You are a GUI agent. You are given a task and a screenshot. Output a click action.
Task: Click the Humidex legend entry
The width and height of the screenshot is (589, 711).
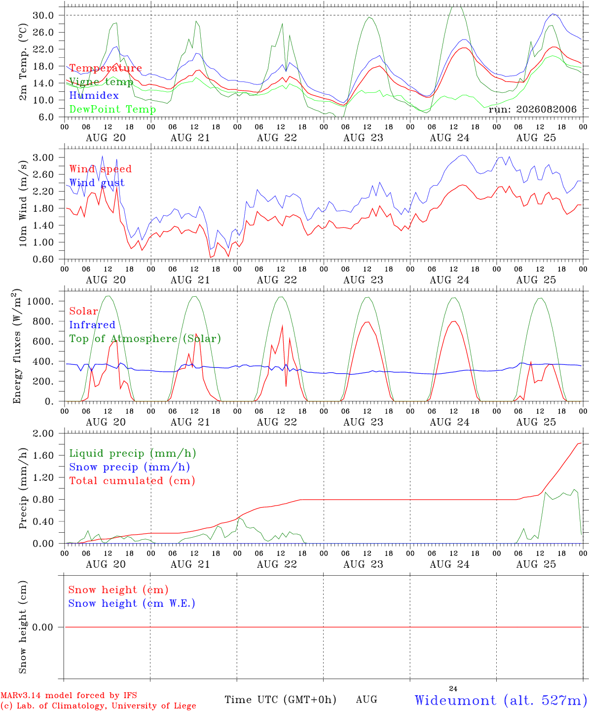[94, 95]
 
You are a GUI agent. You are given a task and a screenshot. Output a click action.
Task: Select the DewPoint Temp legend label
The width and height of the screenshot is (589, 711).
[112, 109]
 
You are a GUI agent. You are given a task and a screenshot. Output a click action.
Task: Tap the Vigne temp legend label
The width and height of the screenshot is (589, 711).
[101, 82]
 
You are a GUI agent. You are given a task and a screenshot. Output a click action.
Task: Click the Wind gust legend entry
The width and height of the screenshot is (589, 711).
[97, 183]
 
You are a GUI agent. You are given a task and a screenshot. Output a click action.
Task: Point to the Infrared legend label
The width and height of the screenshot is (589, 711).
[92, 324]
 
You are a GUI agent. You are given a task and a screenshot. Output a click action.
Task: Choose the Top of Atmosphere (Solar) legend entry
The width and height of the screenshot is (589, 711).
[146, 339]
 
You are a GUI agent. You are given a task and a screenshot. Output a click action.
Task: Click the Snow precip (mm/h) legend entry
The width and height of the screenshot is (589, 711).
[130, 467]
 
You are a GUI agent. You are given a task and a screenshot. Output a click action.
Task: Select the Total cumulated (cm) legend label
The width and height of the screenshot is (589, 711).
[132, 480]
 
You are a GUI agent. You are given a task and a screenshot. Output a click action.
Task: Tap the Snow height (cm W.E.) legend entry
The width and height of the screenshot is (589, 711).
[132, 603]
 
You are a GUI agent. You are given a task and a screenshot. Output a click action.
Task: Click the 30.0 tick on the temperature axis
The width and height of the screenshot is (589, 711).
[43, 15]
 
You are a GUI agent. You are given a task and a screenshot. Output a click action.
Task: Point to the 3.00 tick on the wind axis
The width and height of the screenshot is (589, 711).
[43, 158]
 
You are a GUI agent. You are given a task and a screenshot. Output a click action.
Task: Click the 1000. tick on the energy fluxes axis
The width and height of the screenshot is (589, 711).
[40, 301]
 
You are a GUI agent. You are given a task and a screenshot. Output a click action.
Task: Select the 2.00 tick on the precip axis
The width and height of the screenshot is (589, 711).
[43, 434]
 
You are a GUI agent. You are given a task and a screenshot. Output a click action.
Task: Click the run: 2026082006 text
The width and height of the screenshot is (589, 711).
[532, 109]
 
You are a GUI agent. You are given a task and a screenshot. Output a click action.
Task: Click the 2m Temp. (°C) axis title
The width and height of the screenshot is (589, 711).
[23, 62]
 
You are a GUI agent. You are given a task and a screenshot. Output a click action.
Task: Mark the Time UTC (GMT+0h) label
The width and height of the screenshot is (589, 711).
[280, 700]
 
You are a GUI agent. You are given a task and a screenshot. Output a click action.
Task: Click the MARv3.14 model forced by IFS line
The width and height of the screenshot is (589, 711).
[69, 695]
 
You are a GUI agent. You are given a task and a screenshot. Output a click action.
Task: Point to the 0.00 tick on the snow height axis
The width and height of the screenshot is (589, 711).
[43, 627]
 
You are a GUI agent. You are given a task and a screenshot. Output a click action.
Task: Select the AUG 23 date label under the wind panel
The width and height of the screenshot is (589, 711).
[363, 280]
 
